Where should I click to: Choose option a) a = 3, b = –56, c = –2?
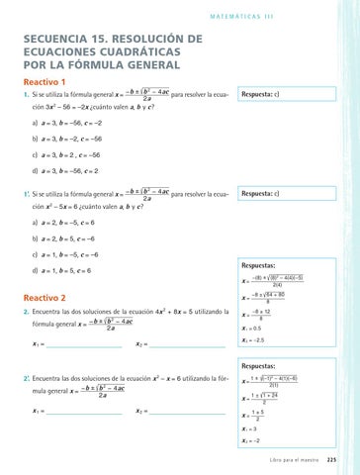[x=76, y=124]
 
